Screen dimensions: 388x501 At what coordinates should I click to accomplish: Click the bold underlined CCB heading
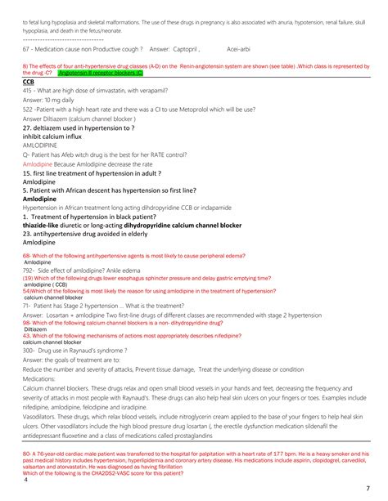[29, 82]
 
